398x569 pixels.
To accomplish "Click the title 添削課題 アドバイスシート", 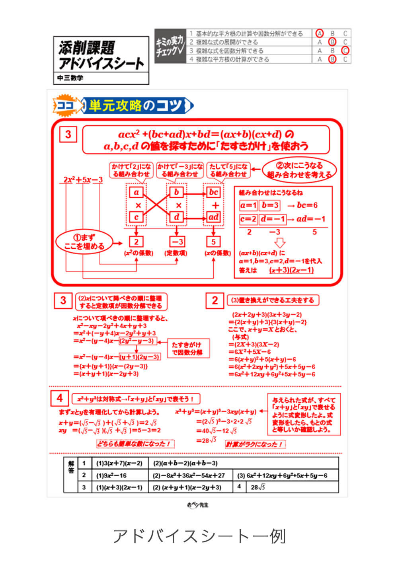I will pyautogui.click(x=101, y=55).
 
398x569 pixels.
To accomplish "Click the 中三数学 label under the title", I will pyautogui.click(x=70, y=78).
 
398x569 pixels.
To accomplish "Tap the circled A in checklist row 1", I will pyautogui.click(x=319, y=33).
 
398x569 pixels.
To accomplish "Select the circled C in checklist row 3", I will pyautogui.click(x=345, y=51).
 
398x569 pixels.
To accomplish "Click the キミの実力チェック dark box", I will pyautogui.click(x=170, y=46).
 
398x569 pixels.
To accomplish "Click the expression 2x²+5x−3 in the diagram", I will pyautogui.click(x=83, y=180).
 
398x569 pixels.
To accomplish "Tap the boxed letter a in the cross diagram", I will pyautogui.click(x=136, y=193).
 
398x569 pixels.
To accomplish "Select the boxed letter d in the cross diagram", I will pyautogui.click(x=176, y=217).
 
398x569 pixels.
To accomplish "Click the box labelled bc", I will pyautogui.click(x=214, y=193).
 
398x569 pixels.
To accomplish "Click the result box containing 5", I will pyautogui.click(x=213, y=242).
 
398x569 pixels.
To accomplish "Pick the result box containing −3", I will pyautogui.click(x=176, y=242).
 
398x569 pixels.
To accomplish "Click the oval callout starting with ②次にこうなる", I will pyautogui.click(x=299, y=170).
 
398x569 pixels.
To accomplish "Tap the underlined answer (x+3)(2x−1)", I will pyautogui.click(x=291, y=270).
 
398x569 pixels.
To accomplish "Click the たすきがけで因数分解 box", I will pyautogui.click(x=187, y=349).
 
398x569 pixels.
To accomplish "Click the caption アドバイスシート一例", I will pyautogui.click(x=199, y=536).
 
